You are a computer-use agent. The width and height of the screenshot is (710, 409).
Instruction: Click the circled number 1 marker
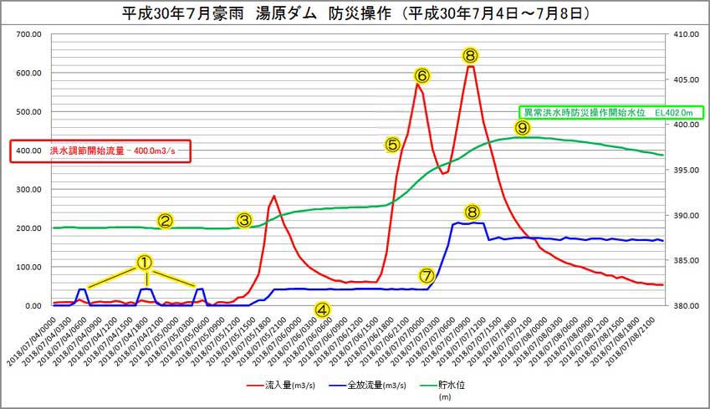[x=144, y=262]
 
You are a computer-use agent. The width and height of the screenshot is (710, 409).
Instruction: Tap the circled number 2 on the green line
[x=166, y=221]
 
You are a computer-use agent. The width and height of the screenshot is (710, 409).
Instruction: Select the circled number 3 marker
[x=244, y=220]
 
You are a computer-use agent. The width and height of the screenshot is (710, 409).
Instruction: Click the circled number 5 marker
[x=392, y=144]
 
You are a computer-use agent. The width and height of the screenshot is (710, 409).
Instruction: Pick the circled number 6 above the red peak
[x=422, y=76]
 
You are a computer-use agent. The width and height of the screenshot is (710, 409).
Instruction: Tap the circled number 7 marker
[x=427, y=274]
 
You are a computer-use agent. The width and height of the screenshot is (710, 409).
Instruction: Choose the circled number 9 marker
[x=523, y=127]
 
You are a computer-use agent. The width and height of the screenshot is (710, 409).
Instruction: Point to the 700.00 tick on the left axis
[x=28, y=33]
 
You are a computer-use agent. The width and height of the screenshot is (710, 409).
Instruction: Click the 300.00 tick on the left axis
[x=28, y=189]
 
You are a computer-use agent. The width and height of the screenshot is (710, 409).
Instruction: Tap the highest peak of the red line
[x=471, y=66]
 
